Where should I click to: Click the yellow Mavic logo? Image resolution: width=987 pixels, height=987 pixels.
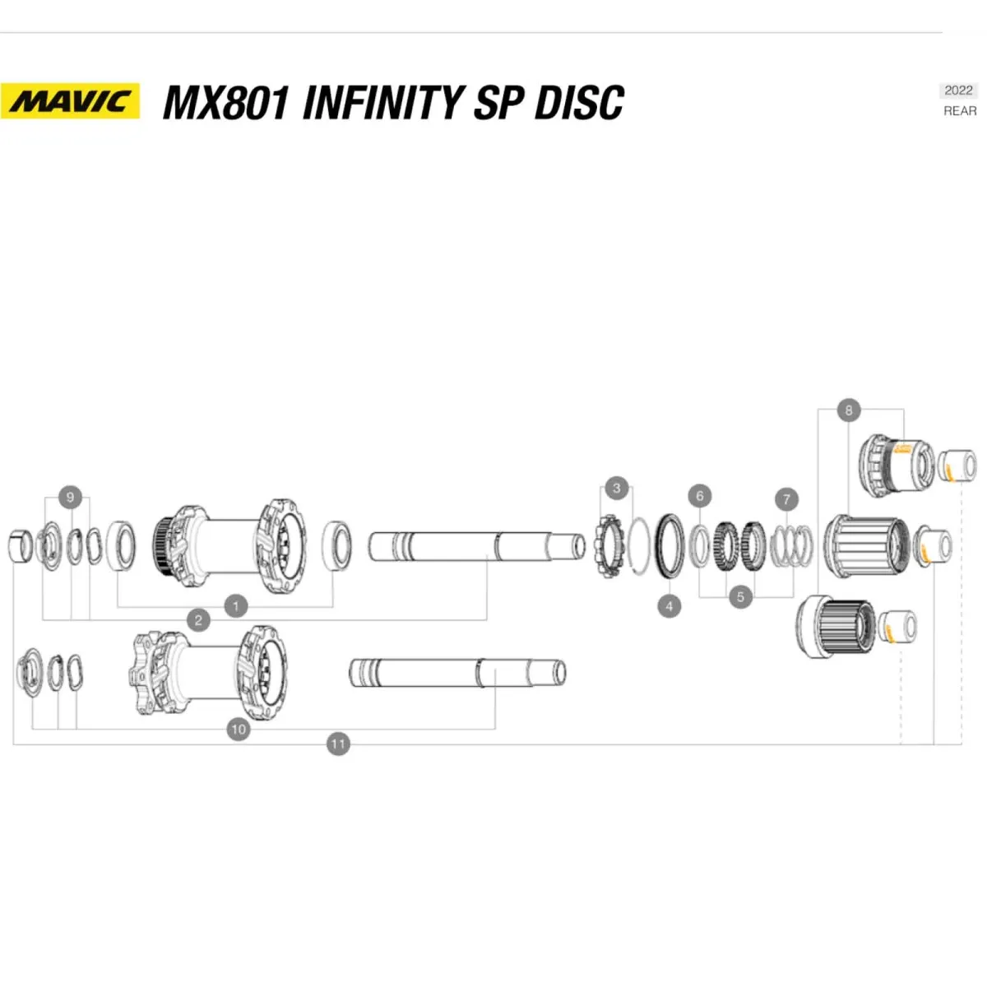point(70,101)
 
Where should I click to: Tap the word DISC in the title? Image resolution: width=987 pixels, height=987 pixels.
point(579,103)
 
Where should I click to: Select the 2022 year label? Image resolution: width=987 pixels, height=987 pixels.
point(958,90)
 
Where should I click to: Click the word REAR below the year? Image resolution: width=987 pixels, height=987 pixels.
point(960,111)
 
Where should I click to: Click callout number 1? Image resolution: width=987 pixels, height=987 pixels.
point(235,606)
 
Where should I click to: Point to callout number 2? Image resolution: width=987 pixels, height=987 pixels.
point(198,620)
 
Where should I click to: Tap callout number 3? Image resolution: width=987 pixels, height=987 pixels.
point(617,488)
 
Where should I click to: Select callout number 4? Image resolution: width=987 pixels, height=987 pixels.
point(670,606)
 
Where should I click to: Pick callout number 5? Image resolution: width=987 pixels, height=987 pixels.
point(740,596)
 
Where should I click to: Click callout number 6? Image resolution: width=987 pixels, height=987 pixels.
point(700,495)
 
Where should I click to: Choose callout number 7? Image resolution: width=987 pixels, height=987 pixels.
point(786,498)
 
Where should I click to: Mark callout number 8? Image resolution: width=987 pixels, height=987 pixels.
point(848,409)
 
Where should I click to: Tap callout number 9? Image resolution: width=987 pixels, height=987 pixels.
point(70,497)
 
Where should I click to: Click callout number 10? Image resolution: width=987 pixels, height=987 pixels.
point(239,729)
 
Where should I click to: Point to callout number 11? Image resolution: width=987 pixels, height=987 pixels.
point(338,744)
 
